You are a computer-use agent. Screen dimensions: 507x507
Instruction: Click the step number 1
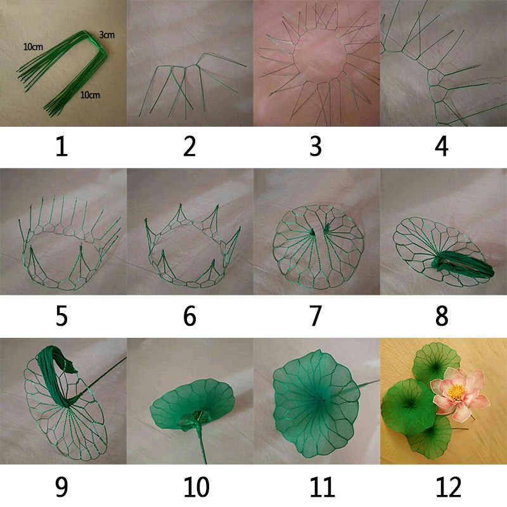pos(61,146)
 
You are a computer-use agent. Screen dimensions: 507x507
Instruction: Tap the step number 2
pos(189,146)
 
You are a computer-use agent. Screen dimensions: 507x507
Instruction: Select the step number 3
pos(316,146)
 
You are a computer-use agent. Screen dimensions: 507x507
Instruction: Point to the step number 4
pos(442,146)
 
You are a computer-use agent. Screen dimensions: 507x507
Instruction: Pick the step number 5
pos(61,316)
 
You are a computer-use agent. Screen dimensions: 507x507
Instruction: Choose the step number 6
pos(189,316)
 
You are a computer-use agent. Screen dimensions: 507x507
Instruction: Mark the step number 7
pos(316,316)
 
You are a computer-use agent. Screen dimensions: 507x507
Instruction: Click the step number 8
pos(442,316)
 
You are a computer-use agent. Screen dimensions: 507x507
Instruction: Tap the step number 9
pos(61,487)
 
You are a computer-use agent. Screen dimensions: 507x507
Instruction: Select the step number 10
pos(196,487)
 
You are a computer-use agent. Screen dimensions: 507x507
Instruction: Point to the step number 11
pos(323,487)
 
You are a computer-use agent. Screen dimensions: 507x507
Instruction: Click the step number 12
pos(449,487)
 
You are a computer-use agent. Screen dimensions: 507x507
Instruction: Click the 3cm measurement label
pos(106,35)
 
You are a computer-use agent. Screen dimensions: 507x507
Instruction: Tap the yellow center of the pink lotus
pos(456,392)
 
